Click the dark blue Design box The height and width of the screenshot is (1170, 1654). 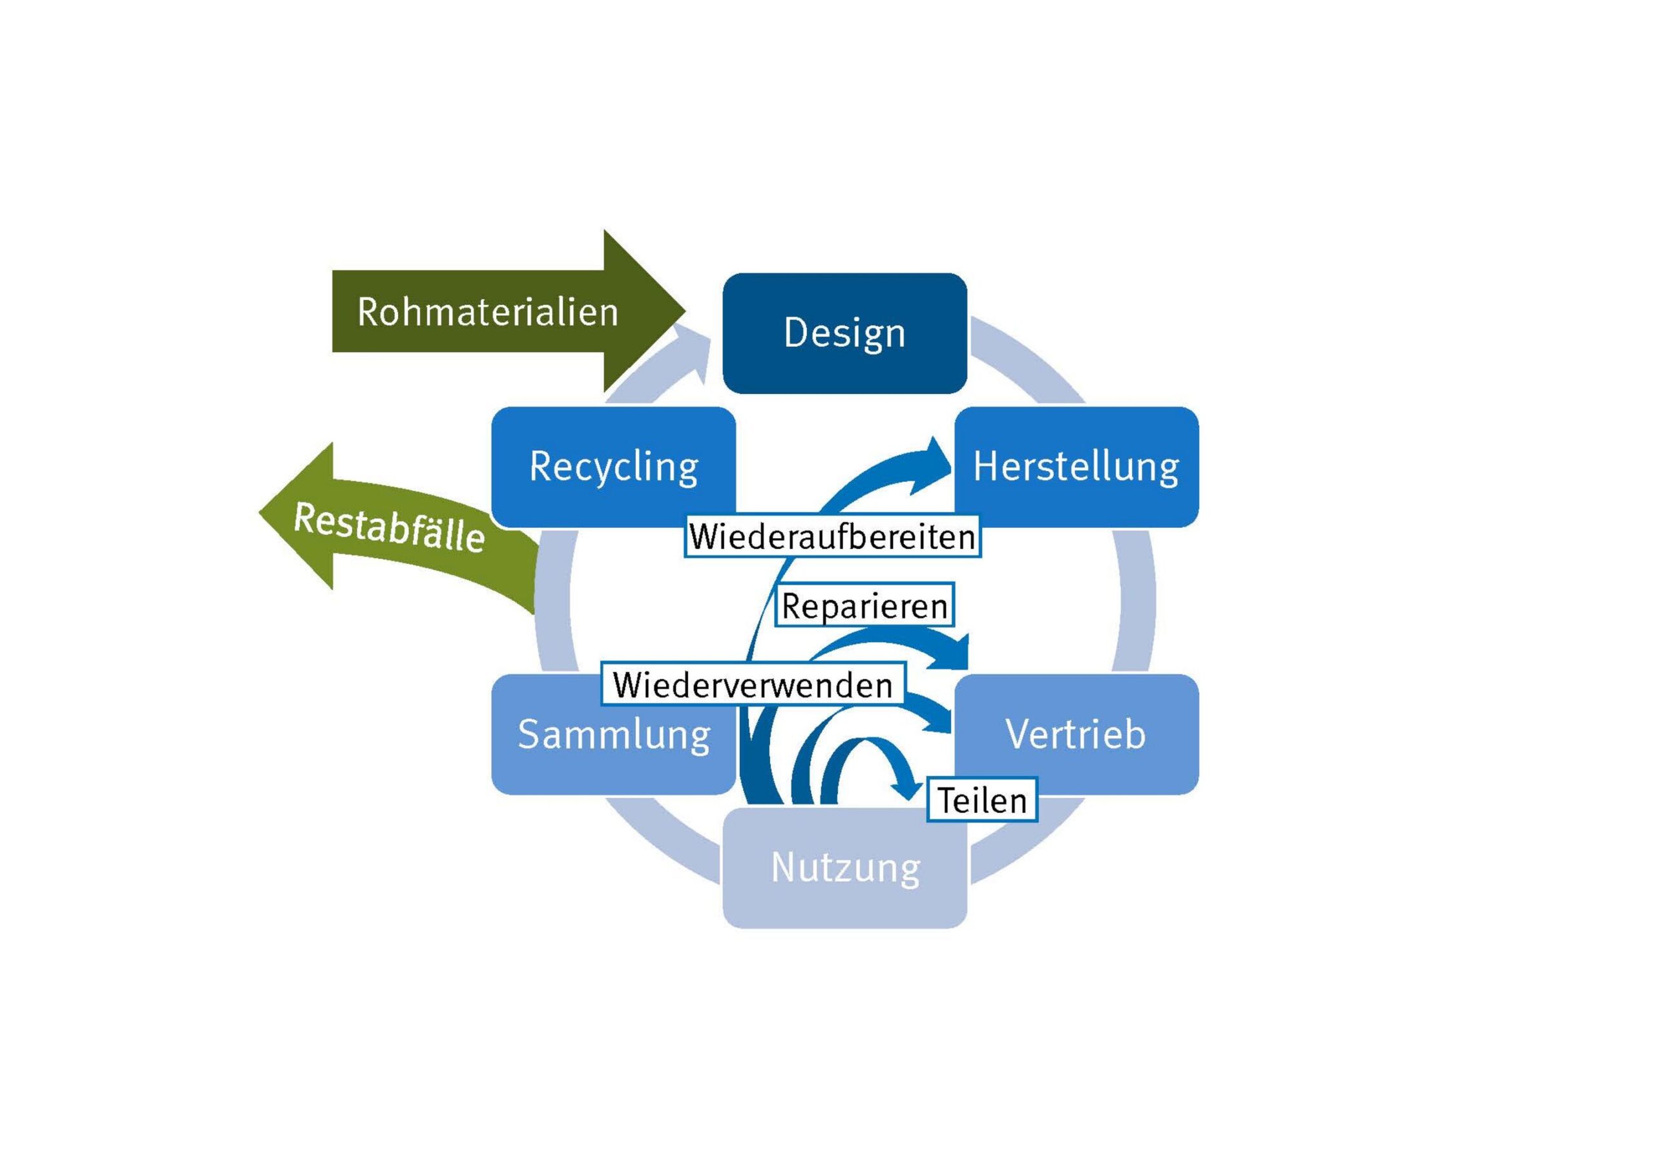click(x=844, y=333)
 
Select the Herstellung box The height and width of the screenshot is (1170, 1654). click(x=1076, y=467)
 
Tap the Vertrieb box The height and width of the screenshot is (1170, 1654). click(x=1076, y=734)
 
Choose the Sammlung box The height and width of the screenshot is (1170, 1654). click(x=613, y=734)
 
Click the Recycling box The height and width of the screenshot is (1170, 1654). click(x=613, y=467)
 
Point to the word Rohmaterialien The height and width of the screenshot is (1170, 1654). click(x=488, y=312)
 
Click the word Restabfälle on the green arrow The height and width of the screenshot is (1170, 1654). click(x=389, y=527)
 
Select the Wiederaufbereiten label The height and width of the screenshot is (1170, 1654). click(x=832, y=537)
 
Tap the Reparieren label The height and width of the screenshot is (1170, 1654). click(x=864, y=606)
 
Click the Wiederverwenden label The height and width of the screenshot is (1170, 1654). click(x=753, y=684)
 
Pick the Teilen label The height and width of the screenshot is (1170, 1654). click(x=981, y=800)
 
